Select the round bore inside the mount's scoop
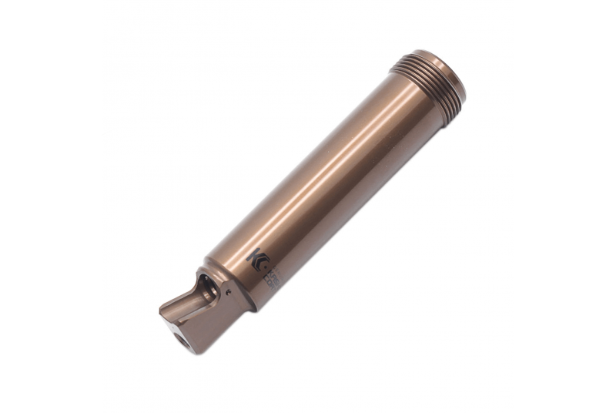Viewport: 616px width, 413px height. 206,289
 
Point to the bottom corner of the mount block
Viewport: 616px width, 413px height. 199,351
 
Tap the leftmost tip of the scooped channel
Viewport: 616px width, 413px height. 163,312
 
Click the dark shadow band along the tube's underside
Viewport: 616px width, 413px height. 362,193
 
